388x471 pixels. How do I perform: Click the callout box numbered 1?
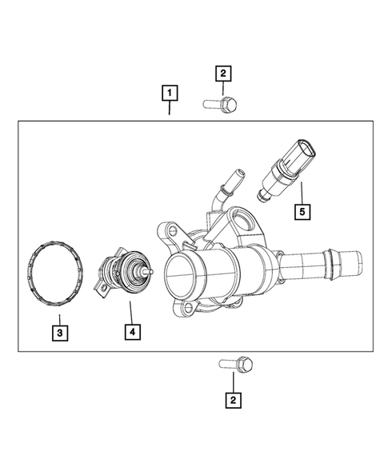coord(169,93)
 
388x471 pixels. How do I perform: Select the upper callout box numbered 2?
coord(223,74)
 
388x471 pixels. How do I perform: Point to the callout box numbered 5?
coord(302,212)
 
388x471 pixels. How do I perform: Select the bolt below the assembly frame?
coord(236,365)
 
